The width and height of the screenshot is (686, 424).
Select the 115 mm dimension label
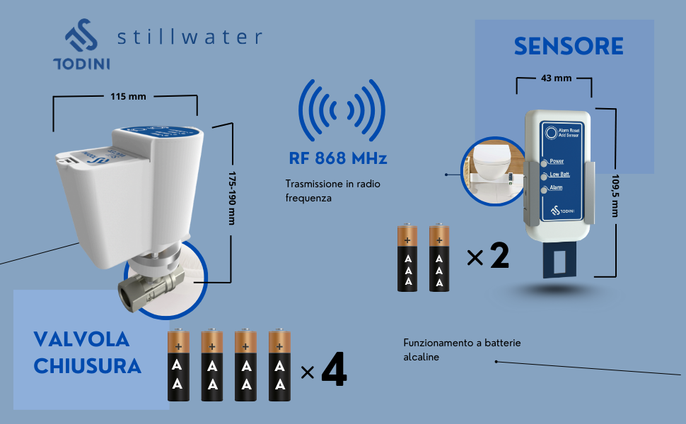pos(127,96)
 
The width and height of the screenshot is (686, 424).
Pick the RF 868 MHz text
pos(337,158)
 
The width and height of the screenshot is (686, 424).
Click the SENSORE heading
pos(569,47)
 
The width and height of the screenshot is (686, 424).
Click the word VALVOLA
pos(81,339)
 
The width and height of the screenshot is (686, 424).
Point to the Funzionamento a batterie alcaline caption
pos(462,350)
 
